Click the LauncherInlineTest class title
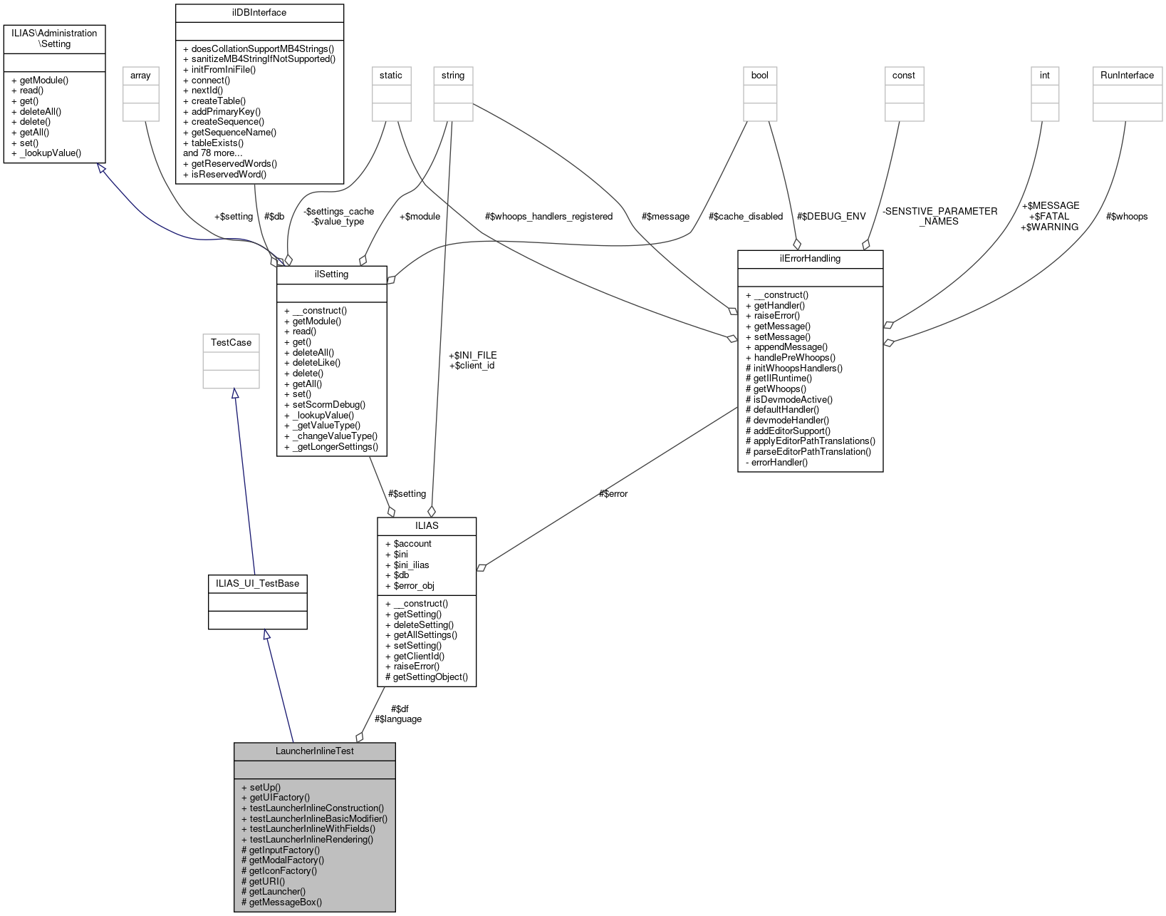[314, 751]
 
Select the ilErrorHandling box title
[810, 258]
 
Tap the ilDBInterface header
[259, 12]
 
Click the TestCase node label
[231, 342]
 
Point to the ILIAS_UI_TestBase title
[257, 583]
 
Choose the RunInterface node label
[1127, 75]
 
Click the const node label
[903, 75]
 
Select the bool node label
[759, 75]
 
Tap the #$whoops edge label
[1126, 216]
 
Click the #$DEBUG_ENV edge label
[831, 216]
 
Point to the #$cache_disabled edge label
[745, 216]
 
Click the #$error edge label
[613, 493]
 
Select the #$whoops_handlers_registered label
[548, 216]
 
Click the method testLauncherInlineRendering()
[311, 839]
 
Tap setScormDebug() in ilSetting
[328, 404]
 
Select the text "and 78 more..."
[213, 153]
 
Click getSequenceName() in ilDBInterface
[234, 132]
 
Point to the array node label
[140, 75]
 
